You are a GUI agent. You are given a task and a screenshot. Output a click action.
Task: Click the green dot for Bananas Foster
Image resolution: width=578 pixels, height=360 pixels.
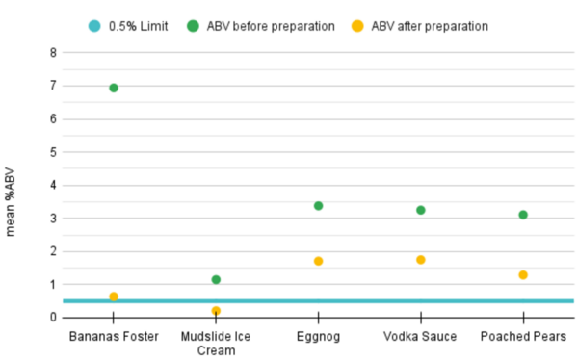pyautogui.click(x=114, y=88)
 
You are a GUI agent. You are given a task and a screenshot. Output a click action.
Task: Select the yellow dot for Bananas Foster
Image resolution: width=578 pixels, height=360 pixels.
pyautogui.click(x=114, y=296)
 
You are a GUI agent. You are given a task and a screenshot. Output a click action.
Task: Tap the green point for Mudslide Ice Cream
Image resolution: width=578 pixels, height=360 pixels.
pyautogui.click(x=216, y=279)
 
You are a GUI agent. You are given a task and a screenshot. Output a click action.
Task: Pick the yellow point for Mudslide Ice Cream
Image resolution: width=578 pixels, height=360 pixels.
pyautogui.click(x=216, y=311)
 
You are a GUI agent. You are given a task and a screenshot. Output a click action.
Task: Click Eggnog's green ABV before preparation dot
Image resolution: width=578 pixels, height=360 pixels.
pyautogui.click(x=318, y=206)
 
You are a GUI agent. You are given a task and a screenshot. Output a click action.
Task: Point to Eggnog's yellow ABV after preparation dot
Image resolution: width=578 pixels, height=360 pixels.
pyautogui.click(x=318, y=261)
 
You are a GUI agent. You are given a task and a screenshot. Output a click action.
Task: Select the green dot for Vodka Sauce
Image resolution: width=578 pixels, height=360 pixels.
pyautogui.click(x=421, y=210)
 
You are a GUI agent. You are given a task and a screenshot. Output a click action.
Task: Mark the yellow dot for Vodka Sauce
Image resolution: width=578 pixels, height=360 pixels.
pyautogui.click(x=421, y=260)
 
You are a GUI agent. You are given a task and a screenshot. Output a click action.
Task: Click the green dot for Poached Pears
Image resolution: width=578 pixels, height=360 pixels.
pyautogui.click(x=523, y=215)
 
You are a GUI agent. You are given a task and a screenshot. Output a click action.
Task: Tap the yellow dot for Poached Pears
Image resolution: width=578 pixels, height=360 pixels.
pyautogui.click(x=523, y=275)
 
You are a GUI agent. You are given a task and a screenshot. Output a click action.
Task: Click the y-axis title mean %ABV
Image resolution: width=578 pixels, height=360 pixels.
pyautogui.click(x=12, y=202)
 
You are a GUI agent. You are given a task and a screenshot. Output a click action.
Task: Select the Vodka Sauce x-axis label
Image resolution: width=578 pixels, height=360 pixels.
pyautogui.click(x=421, y=336)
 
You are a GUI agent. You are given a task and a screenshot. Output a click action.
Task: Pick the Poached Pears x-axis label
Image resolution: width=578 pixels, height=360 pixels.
pyautogui.click(x=523, y=336)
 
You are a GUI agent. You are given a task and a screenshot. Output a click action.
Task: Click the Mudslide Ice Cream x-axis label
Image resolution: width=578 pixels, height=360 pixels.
pyautogui.click(x=216, y=343)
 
